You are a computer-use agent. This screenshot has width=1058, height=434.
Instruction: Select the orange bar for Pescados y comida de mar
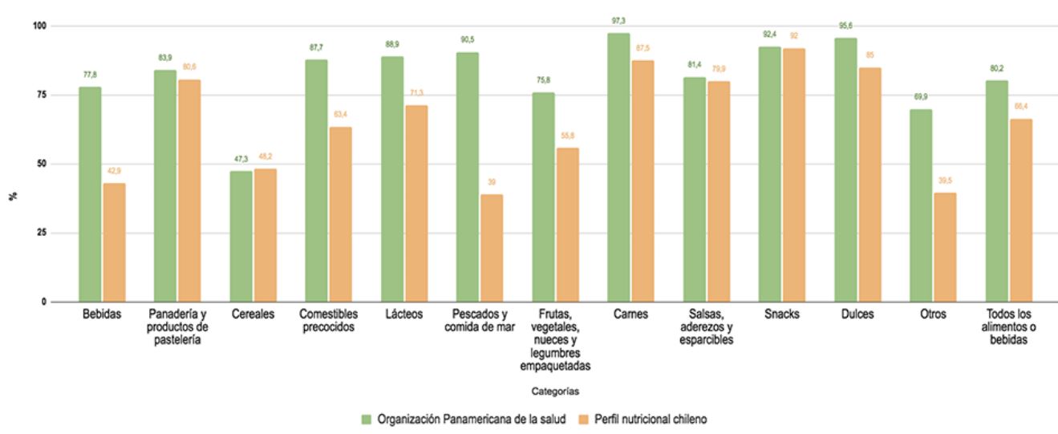491,248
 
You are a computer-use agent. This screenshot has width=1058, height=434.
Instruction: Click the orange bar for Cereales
265,235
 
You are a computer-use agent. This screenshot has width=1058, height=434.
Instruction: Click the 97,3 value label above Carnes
618,21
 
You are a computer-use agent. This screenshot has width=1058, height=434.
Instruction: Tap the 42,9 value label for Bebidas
115,172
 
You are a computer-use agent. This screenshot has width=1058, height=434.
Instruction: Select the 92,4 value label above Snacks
769,34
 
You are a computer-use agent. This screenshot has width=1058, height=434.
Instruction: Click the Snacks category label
781,314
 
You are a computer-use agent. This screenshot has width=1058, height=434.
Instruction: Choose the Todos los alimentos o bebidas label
1008,327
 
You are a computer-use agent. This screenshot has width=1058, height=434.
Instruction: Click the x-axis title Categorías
555,391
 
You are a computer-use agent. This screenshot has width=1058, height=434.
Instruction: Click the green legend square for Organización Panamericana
367,419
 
